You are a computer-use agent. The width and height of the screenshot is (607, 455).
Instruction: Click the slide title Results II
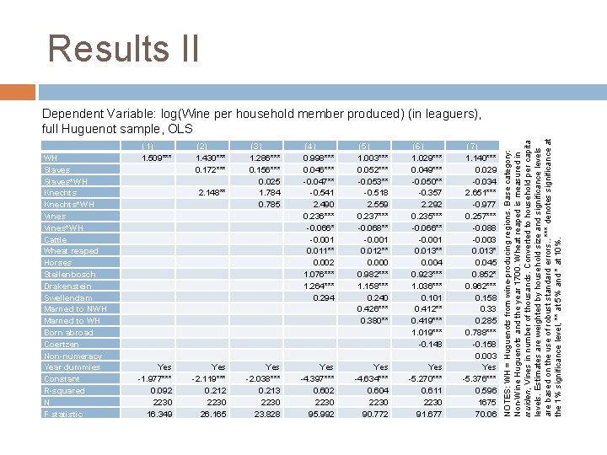tap(123, 49)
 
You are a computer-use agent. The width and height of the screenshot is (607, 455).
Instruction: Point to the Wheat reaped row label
tap(71, 251)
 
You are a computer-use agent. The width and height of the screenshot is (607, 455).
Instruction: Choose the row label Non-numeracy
tap(71, 356)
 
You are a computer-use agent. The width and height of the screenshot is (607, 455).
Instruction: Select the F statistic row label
tap(63, 415)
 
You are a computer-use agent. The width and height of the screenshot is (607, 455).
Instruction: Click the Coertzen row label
tap(61, 344)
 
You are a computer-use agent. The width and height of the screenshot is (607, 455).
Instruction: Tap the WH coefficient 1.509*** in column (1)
tap(156, 158)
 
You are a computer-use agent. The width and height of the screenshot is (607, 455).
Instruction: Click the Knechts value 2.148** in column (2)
tap(211, 192)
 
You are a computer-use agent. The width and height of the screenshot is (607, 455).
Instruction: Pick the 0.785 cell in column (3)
tap(268, 204)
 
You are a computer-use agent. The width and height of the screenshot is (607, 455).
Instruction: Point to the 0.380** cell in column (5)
tap(373, 321)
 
